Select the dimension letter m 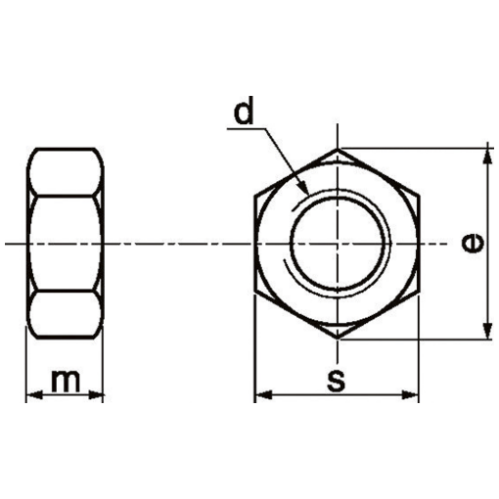coord(65,381)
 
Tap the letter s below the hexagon coord(338,381)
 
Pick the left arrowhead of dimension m coord(31,396)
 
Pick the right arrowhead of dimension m coord(98,396)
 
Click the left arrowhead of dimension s coord(261,396)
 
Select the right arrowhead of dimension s coord(416,396)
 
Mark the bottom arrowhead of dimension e coord(486,333)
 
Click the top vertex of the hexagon coord(339,150)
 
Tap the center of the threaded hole coord(339,244)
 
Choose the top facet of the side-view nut coord(65,172)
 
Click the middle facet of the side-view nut coord(65,244)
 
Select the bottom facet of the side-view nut coord(65,315)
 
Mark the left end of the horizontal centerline coord(7,244)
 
